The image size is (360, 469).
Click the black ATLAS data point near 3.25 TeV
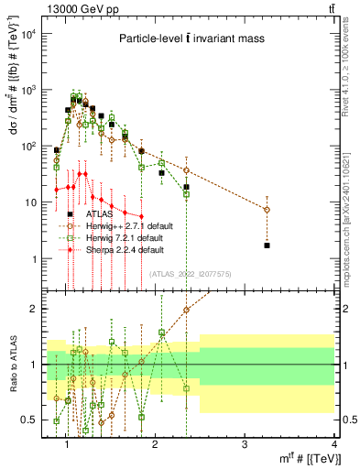point(267,245)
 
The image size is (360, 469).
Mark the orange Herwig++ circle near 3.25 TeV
point(267,210)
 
